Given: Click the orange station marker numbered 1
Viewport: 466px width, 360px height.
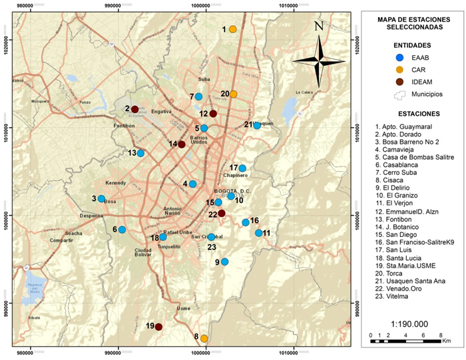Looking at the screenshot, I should coord(233,29).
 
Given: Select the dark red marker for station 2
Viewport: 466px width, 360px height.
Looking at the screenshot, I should coord(134,109).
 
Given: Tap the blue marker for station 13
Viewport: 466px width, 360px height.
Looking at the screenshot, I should coord(140,153).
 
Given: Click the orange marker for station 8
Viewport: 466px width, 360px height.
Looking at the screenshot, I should coord(204,338).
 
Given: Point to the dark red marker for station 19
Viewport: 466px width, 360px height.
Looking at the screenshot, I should coord(158,327).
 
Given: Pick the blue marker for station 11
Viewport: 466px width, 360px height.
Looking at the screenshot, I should coord(259,233).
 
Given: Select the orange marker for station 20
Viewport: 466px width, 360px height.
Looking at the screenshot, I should coord(234,94).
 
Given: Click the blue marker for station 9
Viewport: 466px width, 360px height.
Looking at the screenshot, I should coord(225,262).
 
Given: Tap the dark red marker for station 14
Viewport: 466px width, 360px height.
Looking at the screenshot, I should coord(181,144).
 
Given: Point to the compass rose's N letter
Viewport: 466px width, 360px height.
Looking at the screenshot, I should coord(318,27).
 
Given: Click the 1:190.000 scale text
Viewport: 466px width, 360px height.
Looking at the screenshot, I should coord(406,321).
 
